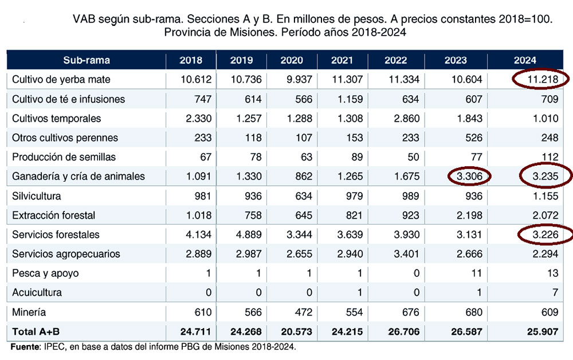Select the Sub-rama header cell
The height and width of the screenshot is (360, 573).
pyautogui.click(x=87, y=60)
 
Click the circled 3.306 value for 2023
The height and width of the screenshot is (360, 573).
pyautogui.click(x=469, y=177)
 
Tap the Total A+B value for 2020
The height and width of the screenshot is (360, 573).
pyautogui.click(x=296, y=331)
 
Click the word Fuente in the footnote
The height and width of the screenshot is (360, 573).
pyautogui.click(x=25, y=347)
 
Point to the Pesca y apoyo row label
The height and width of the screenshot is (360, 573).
pyautogui.click(x=45, y=273)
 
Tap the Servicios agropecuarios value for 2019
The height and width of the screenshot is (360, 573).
pyautogui.click(x=248, y=254)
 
